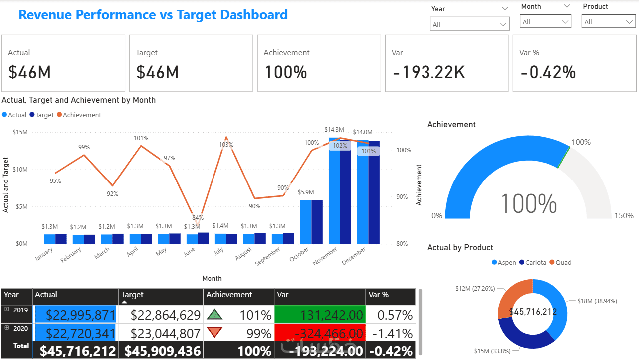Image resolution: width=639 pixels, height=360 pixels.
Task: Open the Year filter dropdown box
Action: click(x=469, y=24)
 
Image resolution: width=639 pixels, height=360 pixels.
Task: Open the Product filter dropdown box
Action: click(x=608, y=22)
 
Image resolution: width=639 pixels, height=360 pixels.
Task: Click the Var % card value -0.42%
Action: click(x=548, y=73)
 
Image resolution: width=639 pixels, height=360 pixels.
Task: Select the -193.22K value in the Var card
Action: click(x=428, y=73)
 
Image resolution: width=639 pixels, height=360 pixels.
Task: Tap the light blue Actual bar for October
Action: click(x=306, y=222)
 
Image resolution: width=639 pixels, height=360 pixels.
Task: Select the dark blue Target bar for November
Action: click(x=346, y=191)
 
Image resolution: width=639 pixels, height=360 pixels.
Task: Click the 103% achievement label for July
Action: click(x=226, y=145)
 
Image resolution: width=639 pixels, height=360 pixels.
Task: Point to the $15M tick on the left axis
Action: click(x=20, y=132)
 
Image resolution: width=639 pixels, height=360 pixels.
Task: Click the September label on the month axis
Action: click(x=268, y=256)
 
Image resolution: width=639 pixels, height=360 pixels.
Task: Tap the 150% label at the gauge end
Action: click(x=624, y=216)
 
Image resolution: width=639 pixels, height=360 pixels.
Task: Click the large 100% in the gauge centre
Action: click(x=529, y=203)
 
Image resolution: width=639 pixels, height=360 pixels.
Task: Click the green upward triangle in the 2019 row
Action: click(x=214, y=315)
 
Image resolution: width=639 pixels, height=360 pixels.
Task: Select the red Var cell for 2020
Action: click(x=320, y=333)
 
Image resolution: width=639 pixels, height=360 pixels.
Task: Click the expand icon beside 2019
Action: click(x=7, y=309)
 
